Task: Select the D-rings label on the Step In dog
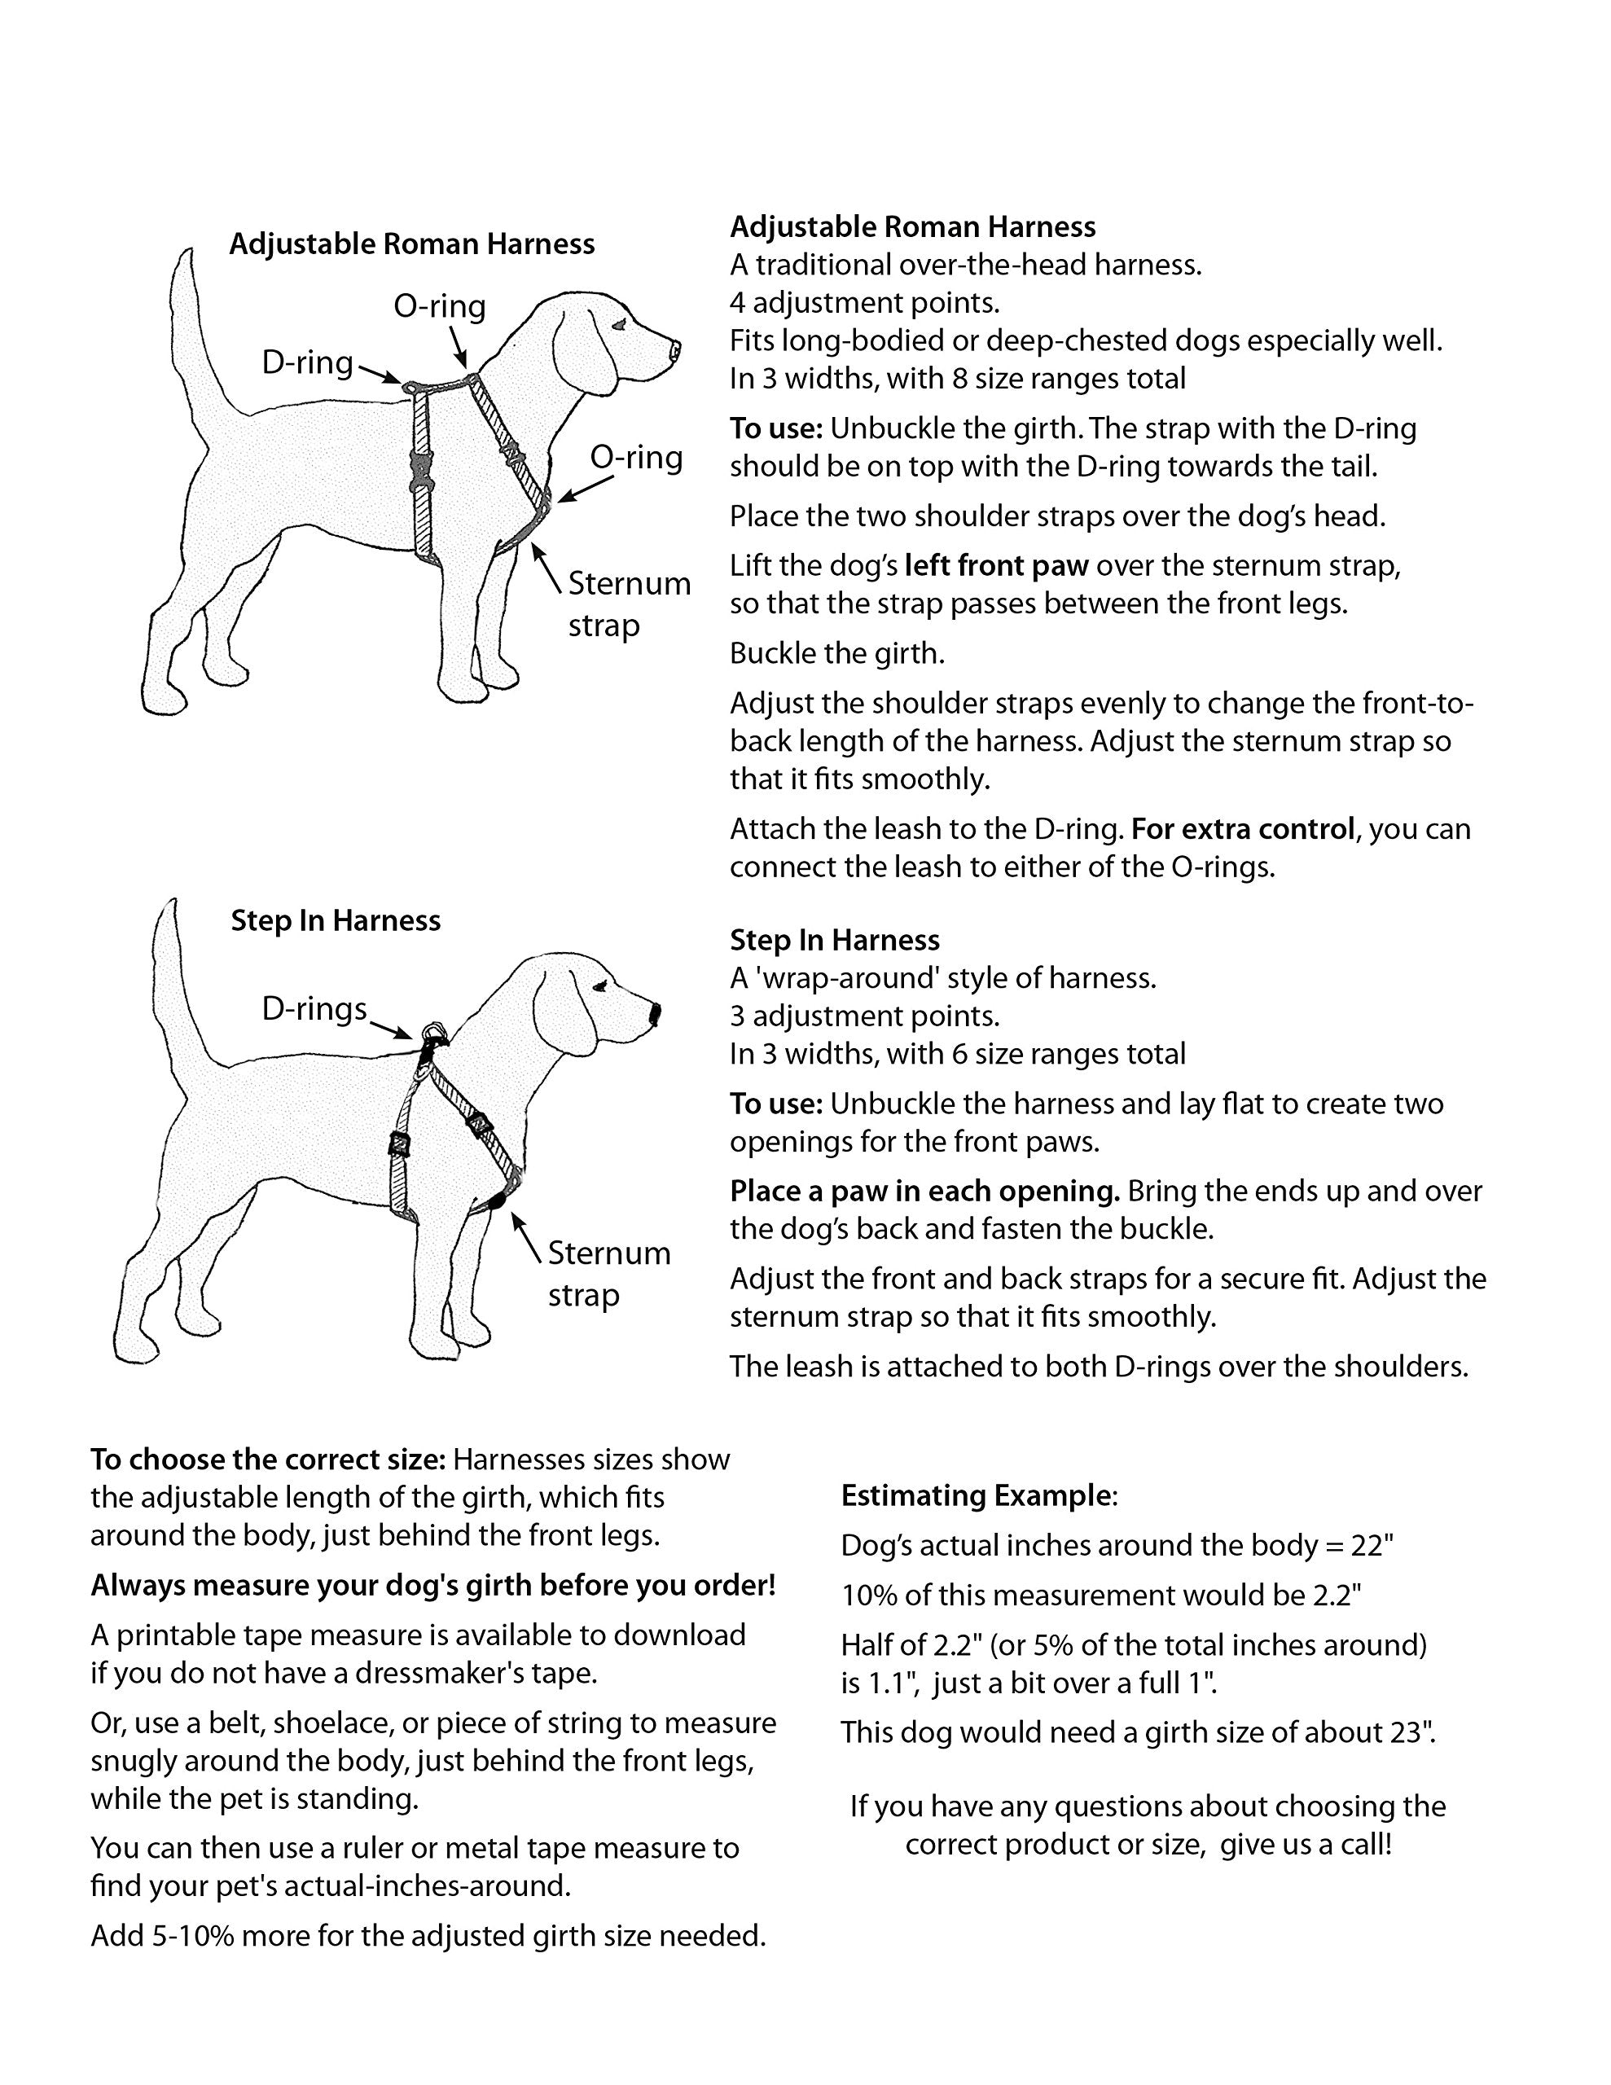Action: pyautogui.click(x=314, y=1009)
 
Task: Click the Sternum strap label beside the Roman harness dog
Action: pyautogui.click(x=629, y=604)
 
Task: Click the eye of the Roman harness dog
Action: pyautogui.click(x=621, y=325)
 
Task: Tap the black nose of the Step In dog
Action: pyautogui.click(x=655, y=1013)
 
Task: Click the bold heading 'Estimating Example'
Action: pyautogui.click(x=977, y=1496)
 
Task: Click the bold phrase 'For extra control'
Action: pyautogui.click(x=1242, y=828)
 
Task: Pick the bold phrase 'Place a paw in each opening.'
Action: pyautogui.click(x=924, y=1192)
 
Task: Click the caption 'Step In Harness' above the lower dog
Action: pyautogui.click(x=336, y=921)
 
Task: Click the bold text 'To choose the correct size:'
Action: pyautogui.click(x=268, y=1459)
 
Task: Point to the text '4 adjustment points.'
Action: pyautogui.click(x=864, y=303)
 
